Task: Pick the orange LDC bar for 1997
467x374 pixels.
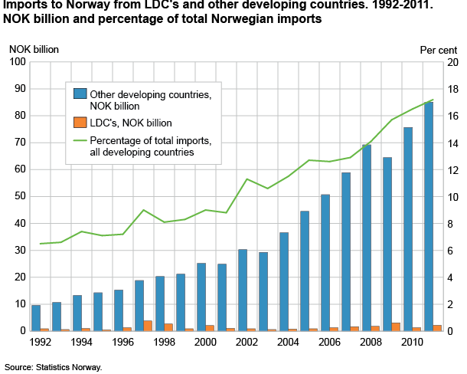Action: point(148,326)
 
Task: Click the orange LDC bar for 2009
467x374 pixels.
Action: point(396,327)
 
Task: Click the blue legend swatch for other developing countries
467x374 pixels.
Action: point(80,93)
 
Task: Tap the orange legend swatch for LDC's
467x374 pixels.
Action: point(80,121)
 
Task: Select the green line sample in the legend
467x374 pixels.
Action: point(80,140)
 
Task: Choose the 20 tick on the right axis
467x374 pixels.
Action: point(452,61)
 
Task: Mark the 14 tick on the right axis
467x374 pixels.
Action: point(452,143)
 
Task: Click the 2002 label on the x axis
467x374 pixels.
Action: point(247,343)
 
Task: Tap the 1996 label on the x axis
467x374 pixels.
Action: point(122,343)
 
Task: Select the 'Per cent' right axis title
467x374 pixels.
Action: point(438,49)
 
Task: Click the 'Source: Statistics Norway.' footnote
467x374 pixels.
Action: point(52,367)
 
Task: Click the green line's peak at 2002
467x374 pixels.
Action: point(247,179)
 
